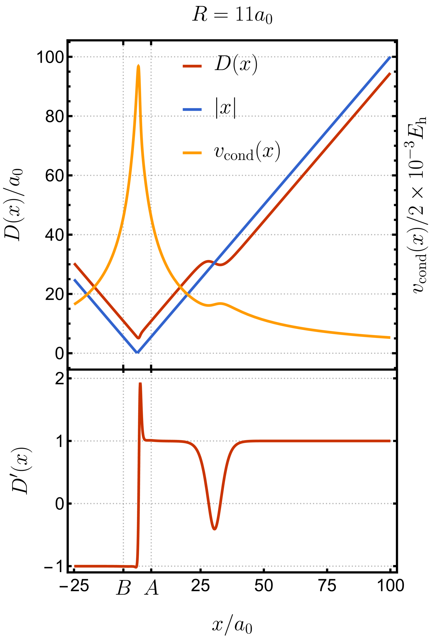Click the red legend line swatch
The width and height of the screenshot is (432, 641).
coord(192,66)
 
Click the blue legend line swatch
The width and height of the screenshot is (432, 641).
coord(192,110)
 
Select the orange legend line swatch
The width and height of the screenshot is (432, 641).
coord(192,153)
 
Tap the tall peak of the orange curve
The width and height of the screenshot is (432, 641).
coord(138,66)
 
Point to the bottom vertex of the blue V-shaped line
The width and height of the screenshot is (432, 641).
coord(138,352)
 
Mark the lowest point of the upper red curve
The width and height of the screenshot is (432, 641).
coord(139,338)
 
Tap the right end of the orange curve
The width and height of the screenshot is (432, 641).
coord(390,337)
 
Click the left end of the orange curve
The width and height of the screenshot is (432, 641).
coord(75,304)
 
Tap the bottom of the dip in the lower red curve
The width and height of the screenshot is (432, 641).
coord(214,529)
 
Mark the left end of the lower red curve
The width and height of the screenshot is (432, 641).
coord(75,566)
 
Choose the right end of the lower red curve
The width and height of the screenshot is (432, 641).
coord(390,441)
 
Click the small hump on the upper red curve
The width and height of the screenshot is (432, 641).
coord(208,261)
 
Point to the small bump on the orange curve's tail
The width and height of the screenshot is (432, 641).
coord(221,303)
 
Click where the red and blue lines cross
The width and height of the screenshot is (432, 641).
coord(214,262)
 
